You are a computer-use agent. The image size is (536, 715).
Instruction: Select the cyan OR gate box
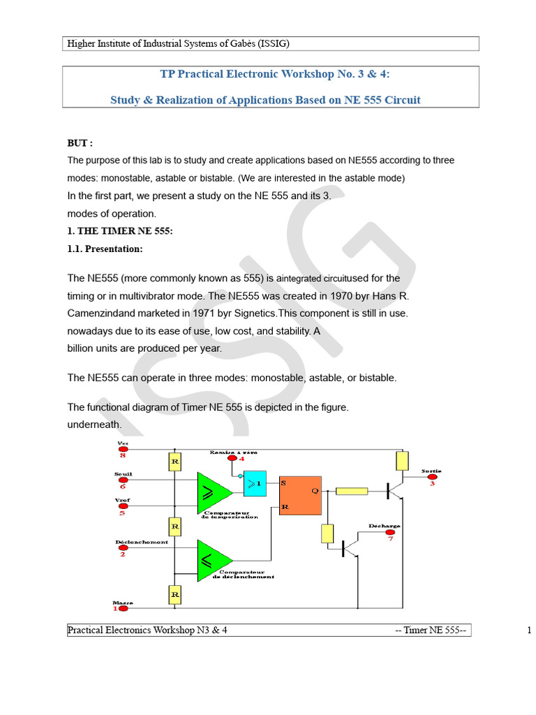[255, 483]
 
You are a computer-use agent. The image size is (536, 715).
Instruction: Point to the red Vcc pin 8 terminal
[123, 449]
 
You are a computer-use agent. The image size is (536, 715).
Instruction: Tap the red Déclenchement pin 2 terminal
[123, 548]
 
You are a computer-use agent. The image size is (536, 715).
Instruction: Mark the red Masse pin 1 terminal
[123, 608]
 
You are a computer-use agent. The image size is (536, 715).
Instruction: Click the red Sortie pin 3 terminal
[432, 478]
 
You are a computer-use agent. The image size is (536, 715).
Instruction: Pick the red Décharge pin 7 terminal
[391, 533]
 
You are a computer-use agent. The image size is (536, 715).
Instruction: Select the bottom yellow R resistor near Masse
[175, 594]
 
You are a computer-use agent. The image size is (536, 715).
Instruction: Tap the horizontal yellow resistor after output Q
[352, 492]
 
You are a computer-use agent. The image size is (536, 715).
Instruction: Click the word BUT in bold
[79, 143]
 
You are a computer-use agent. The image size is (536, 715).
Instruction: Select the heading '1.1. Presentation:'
[105, 249]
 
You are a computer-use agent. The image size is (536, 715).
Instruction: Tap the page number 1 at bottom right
[529, 631]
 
